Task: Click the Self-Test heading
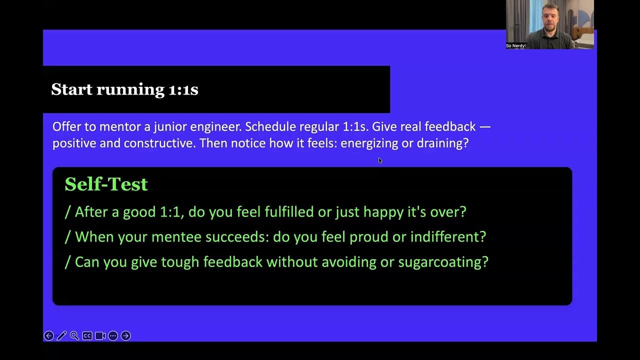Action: click(106, 184)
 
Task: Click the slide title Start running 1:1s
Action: click(124, 89)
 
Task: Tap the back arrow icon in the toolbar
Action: click(49, 335)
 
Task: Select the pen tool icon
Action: click(61, 335)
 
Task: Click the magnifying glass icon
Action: click(74, 335)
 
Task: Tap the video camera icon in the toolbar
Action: click(100, 335)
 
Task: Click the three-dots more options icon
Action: click(113, 335)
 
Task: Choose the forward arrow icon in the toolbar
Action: click(125, 335)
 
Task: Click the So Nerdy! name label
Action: click(515, 45)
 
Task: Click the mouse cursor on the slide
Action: click(380, 160)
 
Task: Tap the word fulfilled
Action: click(289, 212)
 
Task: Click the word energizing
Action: click(369, 143)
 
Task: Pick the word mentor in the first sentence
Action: click(119, 127)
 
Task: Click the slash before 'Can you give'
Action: click(67, 262)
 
